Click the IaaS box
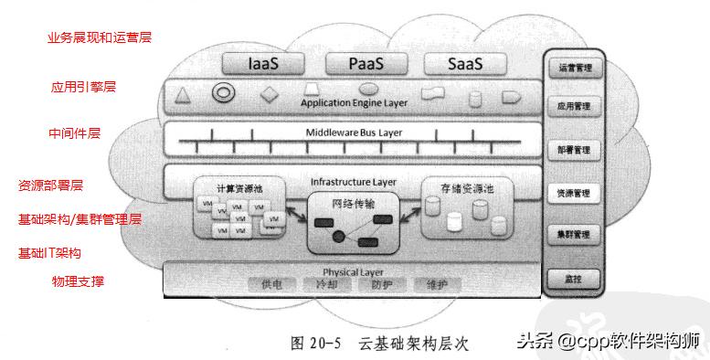[269, 64]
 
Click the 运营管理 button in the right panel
[574, 67]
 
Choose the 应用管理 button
[574, 106]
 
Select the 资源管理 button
[574, 194]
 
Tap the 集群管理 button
[574, 235]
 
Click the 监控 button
[574, 276]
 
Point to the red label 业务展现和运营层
[99, 39]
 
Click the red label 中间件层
[74, 133]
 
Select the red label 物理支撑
[78, 281]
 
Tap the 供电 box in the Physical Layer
[271, 285]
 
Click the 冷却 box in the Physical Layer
[326, 285]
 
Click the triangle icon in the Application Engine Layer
[182, 95]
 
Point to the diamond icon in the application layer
[268, 94]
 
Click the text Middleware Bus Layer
[353, 132]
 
